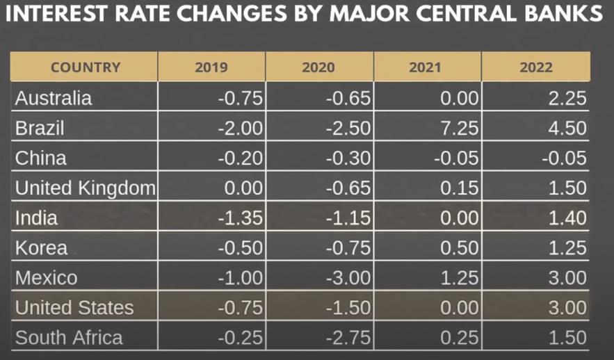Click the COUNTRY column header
(86, 67)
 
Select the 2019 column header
(211, 67)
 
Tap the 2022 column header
(535, 67)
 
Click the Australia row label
(54, 98)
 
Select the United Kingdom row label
(85, 188)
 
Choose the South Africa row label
(69, 338)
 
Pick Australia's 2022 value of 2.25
(567, 98)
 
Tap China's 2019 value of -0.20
(241, 158)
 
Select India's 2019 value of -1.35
(241, 218)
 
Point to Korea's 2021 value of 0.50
(460, 248)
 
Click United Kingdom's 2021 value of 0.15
(460, 188)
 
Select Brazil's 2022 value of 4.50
(567, 129)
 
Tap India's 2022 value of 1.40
(567, 218)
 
